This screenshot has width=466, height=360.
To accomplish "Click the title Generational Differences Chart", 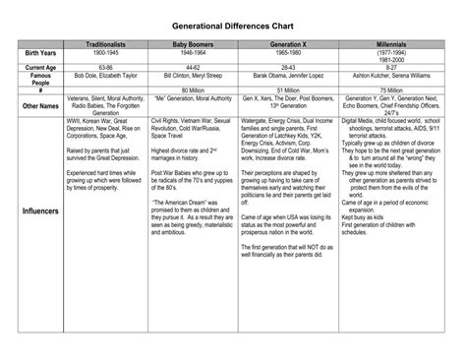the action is (232, 20).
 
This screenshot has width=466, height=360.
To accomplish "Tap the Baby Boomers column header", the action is (194, 45).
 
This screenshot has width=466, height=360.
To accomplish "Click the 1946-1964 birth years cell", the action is (194, 53).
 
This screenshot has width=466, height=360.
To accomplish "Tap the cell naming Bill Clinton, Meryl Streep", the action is (194, 75).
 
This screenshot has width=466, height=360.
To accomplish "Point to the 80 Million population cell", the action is (194, 90).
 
